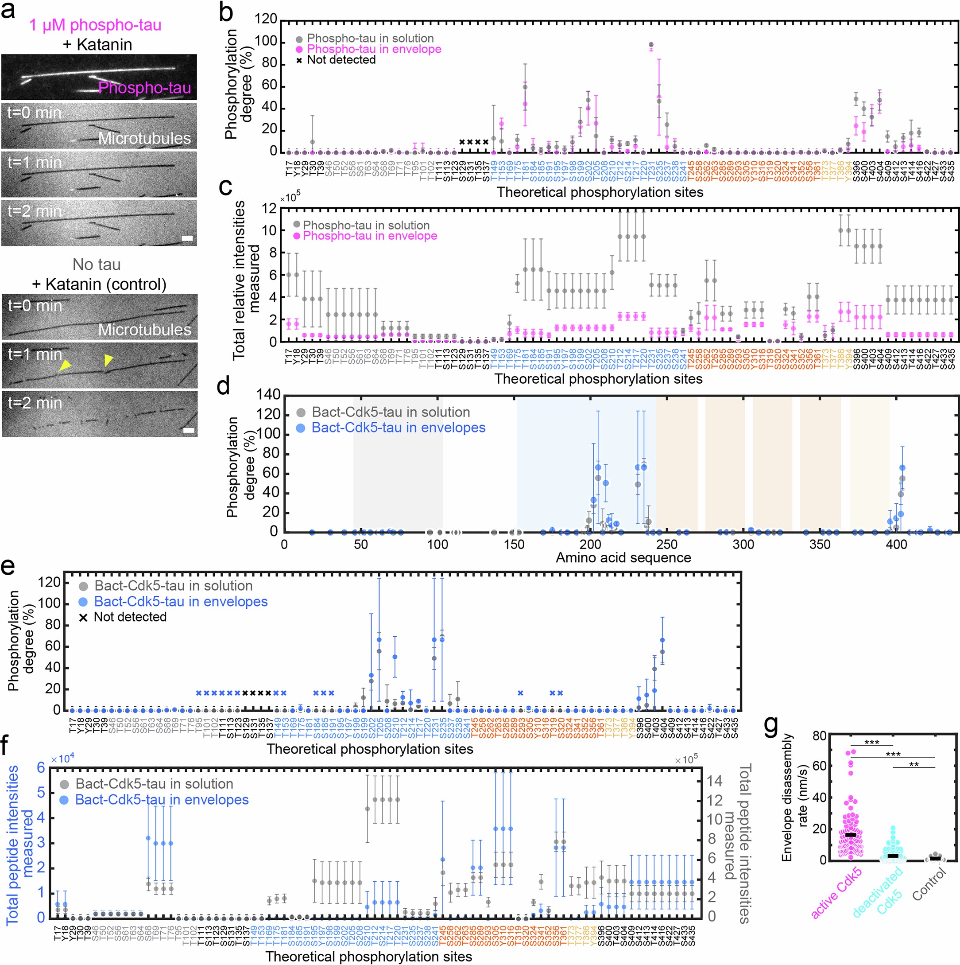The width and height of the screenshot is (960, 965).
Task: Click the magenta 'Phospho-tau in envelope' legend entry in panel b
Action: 373,49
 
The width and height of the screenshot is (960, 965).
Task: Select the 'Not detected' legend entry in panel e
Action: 130,617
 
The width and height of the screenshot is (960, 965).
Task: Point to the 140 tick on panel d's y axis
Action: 269,395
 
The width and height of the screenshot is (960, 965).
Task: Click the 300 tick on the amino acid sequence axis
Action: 743,545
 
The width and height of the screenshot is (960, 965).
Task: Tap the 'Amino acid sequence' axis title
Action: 623,557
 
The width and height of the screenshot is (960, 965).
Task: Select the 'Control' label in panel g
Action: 929,884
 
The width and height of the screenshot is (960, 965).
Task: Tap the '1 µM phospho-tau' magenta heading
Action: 95,25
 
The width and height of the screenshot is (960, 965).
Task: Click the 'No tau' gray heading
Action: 97,264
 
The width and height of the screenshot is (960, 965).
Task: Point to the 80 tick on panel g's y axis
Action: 819,736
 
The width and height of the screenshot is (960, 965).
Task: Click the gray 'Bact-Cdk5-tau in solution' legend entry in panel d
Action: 391,412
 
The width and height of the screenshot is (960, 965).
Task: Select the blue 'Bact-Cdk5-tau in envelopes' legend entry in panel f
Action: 161,800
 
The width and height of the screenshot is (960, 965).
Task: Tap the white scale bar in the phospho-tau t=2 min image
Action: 187,239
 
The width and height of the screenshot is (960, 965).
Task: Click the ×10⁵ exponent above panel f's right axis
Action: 686,760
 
